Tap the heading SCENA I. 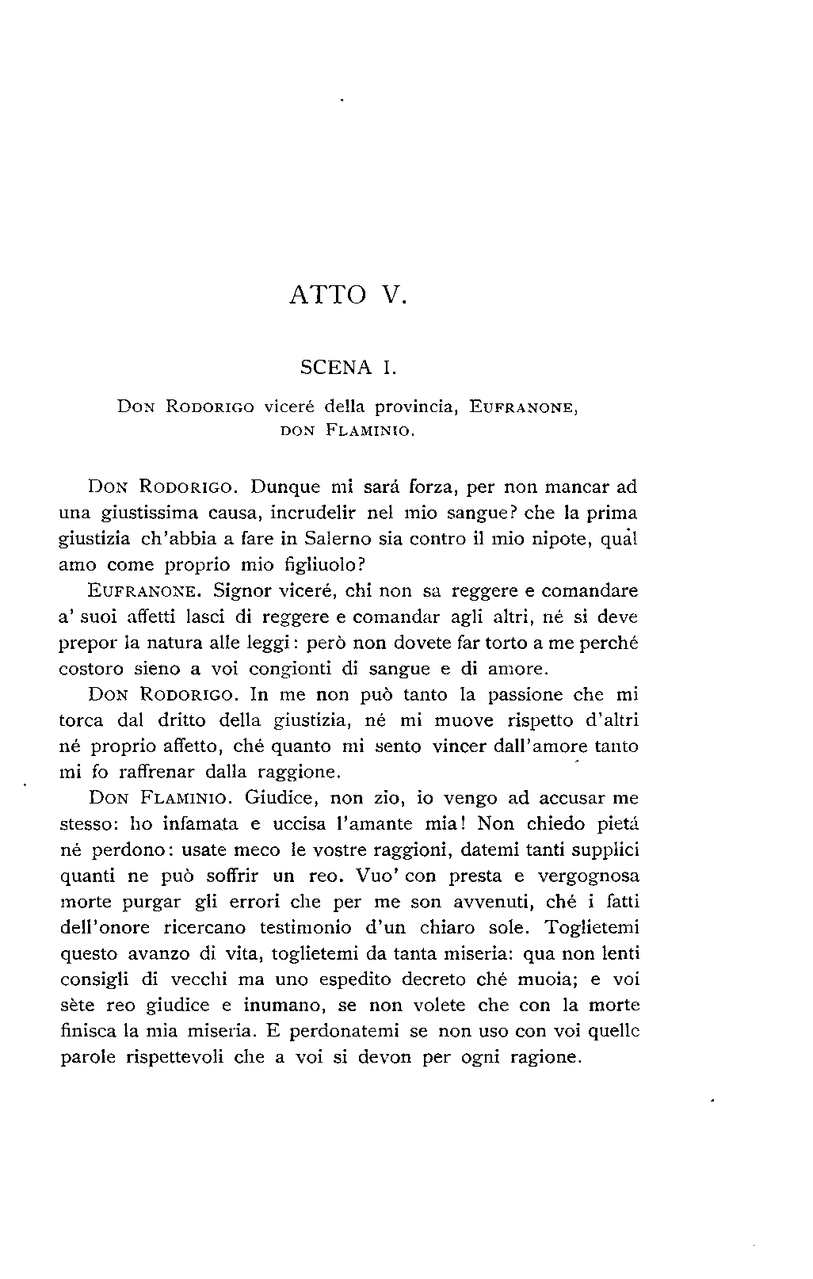(347, 367)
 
